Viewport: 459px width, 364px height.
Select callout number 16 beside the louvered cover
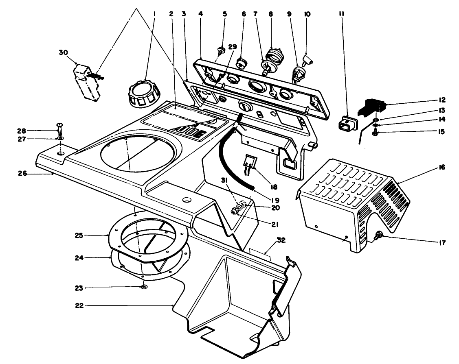[x=442, y=167]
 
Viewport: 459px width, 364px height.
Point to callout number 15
[x=442, y=132]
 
